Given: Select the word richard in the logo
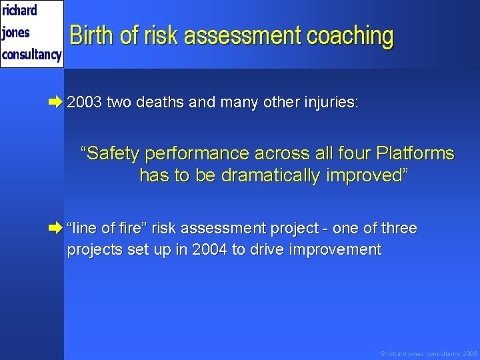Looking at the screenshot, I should click(20, 11).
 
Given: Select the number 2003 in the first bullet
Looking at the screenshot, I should click(85, 103).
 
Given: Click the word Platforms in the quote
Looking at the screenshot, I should click(415, 154).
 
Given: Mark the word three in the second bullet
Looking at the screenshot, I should click(398, 229).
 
